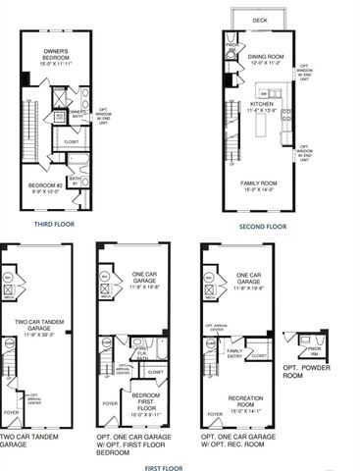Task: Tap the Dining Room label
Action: [265, 56]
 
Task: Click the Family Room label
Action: [261, 183]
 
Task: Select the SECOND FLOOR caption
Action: [263, 227]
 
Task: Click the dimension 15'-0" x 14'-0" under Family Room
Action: [261, 190]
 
